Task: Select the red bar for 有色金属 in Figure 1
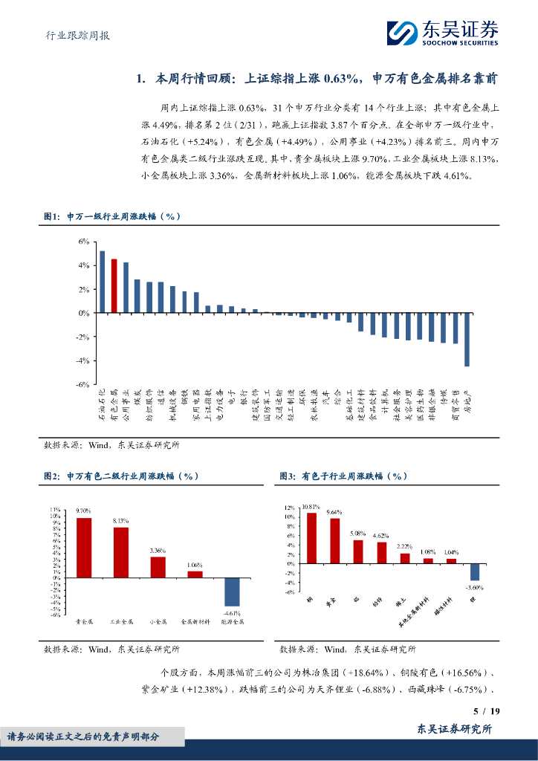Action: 114,286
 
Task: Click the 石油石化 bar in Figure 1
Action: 102,282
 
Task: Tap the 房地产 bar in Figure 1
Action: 467,340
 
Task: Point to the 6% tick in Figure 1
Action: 83,242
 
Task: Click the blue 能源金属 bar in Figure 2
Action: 232,592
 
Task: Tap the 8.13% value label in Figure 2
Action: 120,520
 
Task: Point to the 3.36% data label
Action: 158,550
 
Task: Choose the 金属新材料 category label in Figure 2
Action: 195,621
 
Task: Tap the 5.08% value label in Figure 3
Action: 357,534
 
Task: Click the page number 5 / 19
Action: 486,711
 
